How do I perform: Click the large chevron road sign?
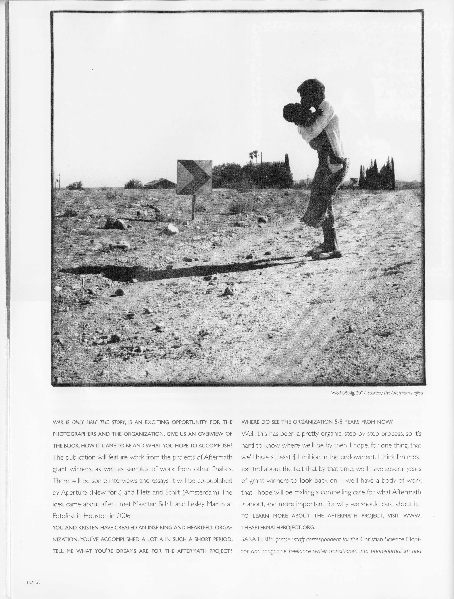point(194,177)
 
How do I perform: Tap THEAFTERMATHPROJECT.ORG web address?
point(278,527)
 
